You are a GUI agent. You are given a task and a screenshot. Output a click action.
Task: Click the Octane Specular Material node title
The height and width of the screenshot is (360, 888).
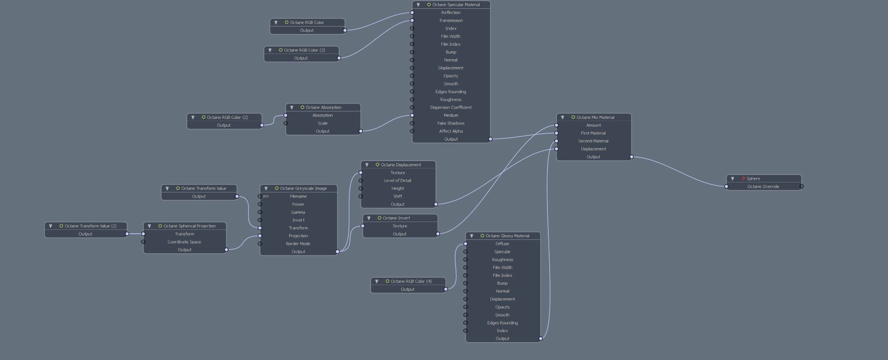(456, 5)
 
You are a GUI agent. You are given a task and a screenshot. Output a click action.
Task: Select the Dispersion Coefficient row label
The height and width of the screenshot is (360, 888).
(451, 108)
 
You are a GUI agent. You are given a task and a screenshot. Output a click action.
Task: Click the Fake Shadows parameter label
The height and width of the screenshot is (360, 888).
(451, 123)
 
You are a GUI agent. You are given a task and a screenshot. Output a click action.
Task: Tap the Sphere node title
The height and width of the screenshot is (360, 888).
(753, 178)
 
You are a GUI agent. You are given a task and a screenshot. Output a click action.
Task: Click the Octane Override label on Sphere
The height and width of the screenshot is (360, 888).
(763, 187)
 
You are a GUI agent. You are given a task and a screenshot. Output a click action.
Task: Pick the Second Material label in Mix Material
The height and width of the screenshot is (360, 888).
(593, 141)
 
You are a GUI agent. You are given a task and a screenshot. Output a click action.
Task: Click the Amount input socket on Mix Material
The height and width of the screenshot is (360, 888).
(557, 125)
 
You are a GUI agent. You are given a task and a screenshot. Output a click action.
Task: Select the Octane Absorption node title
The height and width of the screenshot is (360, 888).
(323, 108)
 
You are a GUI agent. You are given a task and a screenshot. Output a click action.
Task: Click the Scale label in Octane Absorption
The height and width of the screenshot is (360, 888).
(322, 123)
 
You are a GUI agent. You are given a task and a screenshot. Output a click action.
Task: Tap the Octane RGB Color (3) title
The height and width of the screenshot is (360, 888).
(304, 50)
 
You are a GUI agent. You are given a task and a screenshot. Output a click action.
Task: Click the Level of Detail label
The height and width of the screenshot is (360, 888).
(397, 181)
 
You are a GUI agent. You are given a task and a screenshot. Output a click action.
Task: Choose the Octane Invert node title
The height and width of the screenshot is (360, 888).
(396, 218)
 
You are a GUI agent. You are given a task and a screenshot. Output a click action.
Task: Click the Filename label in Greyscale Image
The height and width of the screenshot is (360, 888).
(298, 196)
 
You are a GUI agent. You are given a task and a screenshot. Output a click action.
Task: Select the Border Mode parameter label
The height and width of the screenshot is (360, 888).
(298, 244)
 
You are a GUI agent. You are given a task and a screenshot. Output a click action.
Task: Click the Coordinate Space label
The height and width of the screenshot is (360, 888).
(184, 242)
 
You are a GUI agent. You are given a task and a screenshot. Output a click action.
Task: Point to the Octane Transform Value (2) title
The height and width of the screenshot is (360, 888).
(91, 226)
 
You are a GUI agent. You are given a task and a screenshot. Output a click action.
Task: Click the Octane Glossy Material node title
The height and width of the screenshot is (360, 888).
(507, 236)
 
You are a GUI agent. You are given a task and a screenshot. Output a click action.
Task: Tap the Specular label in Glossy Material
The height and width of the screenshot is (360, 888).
(502, 252)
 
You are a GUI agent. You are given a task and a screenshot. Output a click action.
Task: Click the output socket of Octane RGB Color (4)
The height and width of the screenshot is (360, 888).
(446, 289)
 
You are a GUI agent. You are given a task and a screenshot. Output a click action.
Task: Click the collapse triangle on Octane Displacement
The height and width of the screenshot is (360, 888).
(367, 165)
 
